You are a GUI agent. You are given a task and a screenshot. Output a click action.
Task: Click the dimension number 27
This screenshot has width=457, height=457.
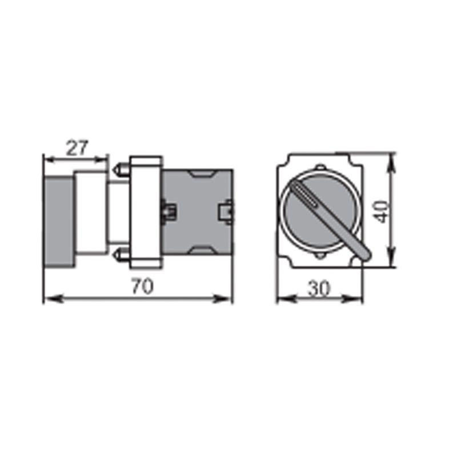coord(76,148)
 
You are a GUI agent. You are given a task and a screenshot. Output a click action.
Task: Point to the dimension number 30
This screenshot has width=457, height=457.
coord(319,289)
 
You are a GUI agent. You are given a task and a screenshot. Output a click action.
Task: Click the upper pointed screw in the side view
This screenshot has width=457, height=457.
coord(122,170)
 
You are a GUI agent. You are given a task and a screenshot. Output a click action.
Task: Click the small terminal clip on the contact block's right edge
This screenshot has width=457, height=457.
coord(228,211)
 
